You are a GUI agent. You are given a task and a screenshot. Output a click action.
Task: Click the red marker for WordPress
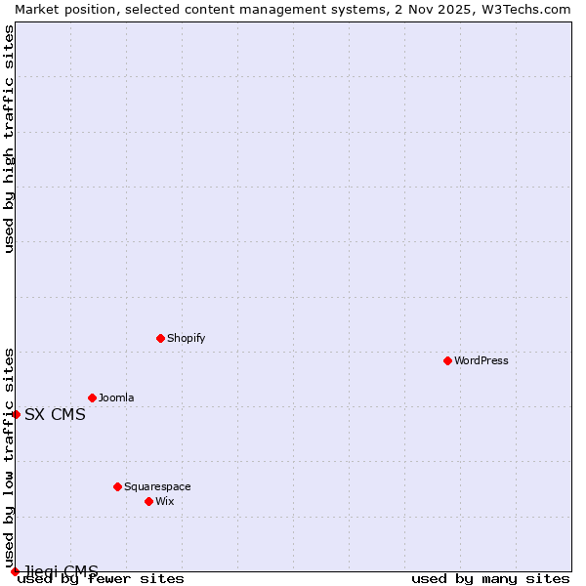pos(447,360)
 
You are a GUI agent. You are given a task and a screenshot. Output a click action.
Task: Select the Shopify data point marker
pos(160,338)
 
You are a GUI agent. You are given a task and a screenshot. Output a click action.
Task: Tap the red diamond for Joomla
pos(92,398)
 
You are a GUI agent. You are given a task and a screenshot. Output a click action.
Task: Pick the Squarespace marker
pos(117,486)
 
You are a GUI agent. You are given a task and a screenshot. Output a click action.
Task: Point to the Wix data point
pos(148,501)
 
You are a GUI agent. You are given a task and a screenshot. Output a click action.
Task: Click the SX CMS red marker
pos(16,414)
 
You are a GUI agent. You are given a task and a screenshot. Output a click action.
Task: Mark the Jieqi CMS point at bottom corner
pos(15,571)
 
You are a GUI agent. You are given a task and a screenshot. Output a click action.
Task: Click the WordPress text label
pos(481,360)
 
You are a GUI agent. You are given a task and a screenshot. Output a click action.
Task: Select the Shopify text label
pos(186,338)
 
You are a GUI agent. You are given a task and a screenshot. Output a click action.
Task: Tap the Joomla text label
pos(116,398)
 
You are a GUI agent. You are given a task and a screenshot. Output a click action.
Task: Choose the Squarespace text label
pos(157,486)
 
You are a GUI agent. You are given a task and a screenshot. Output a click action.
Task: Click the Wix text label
pos(165,501)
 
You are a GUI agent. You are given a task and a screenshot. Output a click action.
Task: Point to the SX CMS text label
pos(55,414)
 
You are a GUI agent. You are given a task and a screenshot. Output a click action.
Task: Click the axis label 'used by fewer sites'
pos(101,579)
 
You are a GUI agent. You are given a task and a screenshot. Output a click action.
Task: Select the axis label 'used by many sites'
pos(490,579)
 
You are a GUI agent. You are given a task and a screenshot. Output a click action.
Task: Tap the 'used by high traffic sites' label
pos(9,139)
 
